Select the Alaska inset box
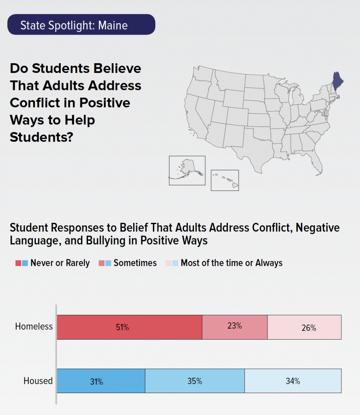pos(187,170)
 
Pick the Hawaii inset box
pos(225,180)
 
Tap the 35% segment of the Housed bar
pos(195,381)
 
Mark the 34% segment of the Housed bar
pos(293,381)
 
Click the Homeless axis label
pos(34,326)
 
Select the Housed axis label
pos(38,381)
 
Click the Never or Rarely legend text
pos(60,263)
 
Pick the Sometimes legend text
pos(135,263)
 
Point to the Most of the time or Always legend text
pos(231,263)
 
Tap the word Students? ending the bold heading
pos(41,137)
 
